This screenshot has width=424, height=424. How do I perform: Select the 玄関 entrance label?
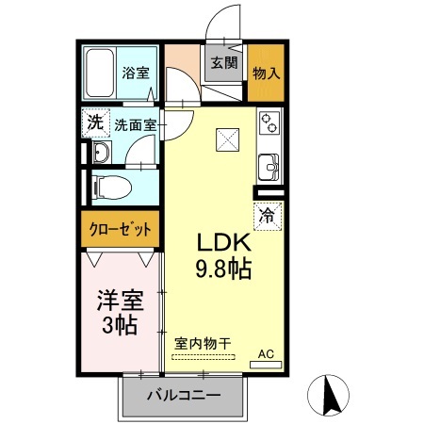(223, 64)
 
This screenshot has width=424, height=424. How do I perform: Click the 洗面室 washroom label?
(135, 123)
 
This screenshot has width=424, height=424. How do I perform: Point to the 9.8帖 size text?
(222, 270)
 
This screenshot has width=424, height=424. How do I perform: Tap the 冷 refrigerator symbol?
(267, 214)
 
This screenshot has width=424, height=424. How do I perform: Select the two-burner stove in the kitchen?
(269, 123)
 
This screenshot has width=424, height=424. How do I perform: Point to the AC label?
(266, 353)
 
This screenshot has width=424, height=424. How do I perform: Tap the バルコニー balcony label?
(184, 396)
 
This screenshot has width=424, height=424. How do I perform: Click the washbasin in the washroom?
(101, 153)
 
